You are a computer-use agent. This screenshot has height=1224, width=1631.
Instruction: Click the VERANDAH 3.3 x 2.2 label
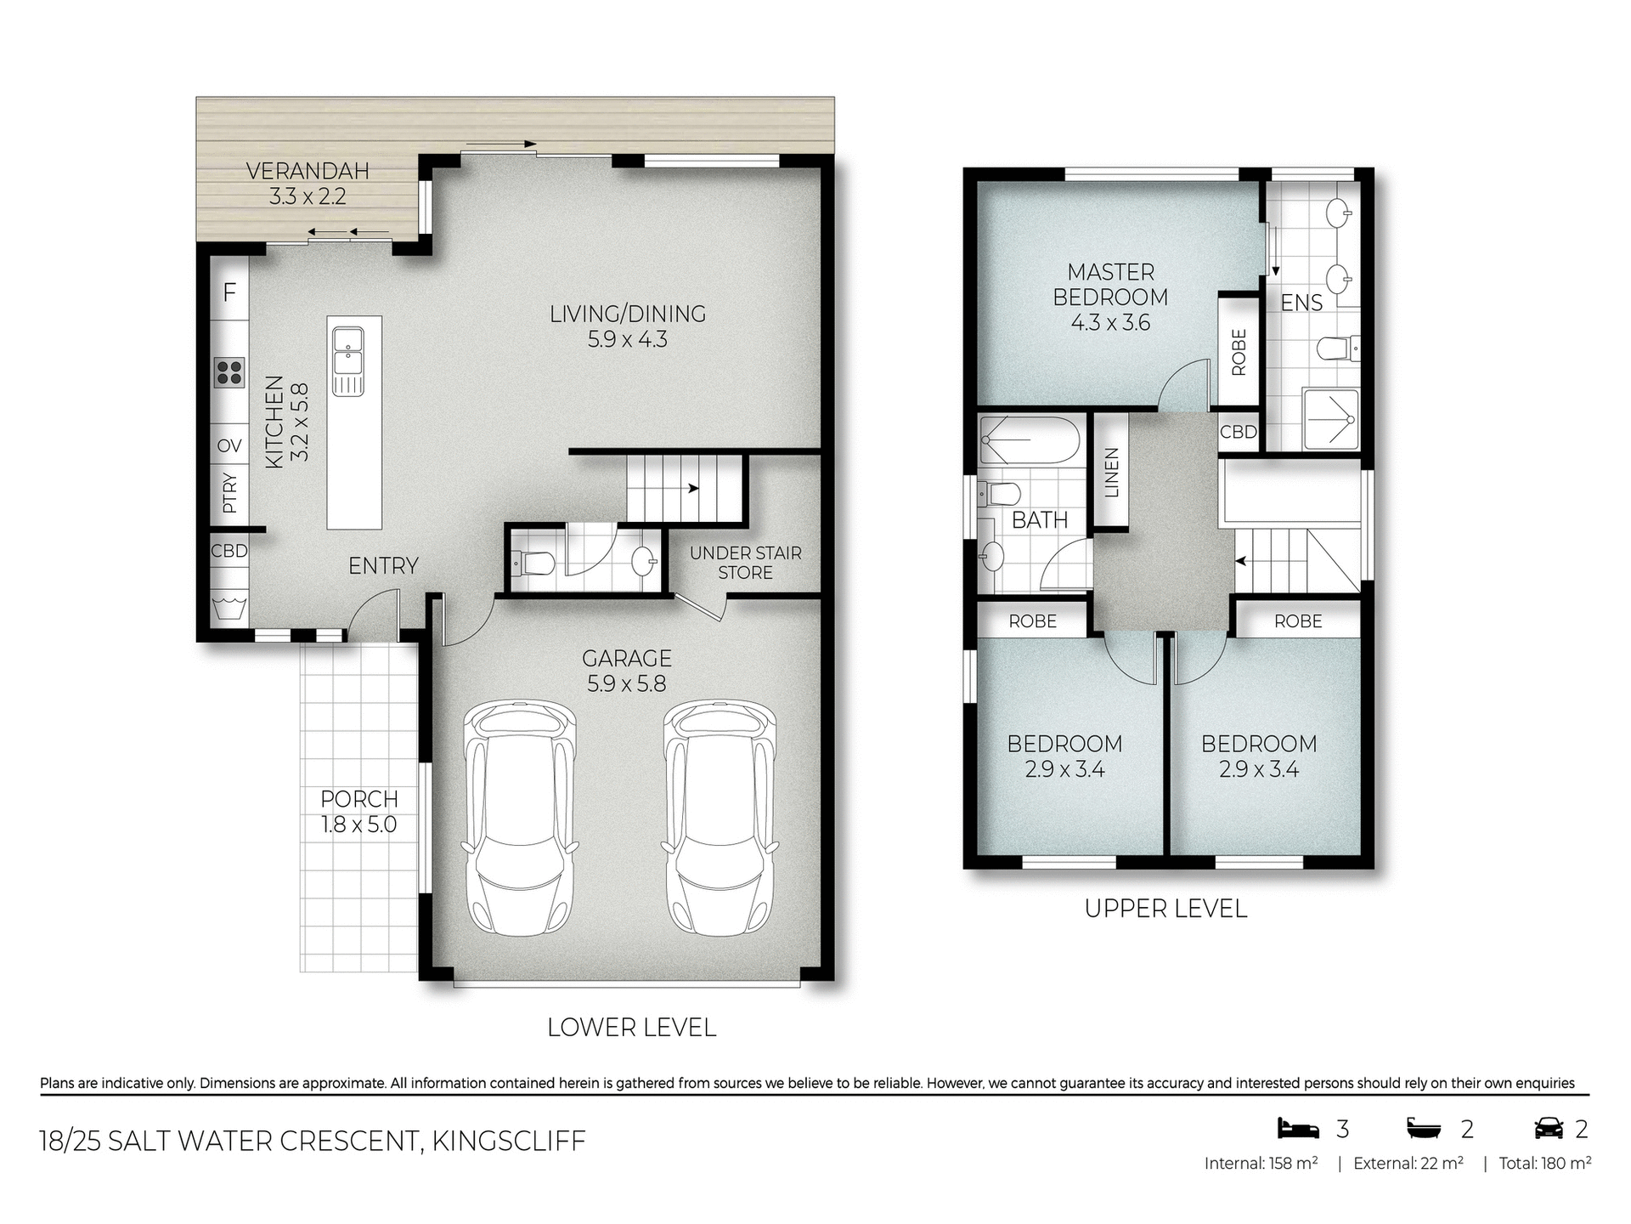pos(308,184)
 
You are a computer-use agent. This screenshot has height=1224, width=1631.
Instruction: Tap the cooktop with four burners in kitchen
pos(229,372)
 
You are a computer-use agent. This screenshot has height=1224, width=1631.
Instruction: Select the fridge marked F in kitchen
pos(229,293)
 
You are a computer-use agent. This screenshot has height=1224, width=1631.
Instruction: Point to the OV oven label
pos(229,446)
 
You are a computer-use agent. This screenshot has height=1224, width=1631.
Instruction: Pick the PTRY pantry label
pos(229,493)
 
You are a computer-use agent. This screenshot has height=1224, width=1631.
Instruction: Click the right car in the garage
pos(720,818)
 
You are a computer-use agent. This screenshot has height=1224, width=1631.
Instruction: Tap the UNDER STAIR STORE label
pos(745,563)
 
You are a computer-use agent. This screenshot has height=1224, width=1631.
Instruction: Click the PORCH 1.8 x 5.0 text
pos(358,812)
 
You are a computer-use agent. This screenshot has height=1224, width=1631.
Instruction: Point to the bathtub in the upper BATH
pos(1030,439)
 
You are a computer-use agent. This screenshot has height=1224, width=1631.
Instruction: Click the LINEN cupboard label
pos(1111,473)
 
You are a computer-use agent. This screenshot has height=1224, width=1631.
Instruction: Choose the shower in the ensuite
pos(1331,419)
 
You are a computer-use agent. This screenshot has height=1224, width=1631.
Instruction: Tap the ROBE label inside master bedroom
pos(1239,352)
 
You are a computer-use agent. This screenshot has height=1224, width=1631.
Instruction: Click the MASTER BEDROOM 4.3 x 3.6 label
pos(1110,297)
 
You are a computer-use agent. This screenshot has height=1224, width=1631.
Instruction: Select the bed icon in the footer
pos(1298,1129)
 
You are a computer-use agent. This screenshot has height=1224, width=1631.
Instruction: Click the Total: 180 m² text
pos(1544,1164)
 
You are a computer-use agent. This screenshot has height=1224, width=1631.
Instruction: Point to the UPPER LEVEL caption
pos(1165,909)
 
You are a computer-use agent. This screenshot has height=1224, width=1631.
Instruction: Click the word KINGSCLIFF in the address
pos(509,1141)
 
